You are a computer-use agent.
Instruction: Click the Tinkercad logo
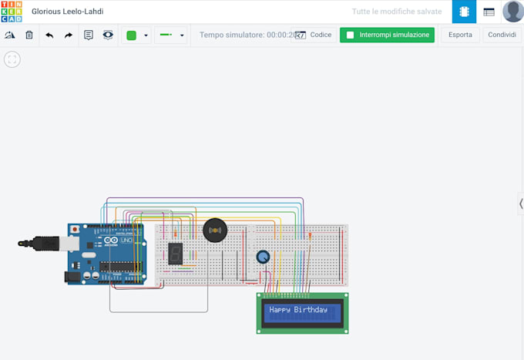click(12, 12)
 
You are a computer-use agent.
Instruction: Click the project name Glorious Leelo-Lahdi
click(67, 12)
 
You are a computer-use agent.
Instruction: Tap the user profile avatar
click(512, 12)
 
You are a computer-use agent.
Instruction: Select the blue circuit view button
click(464, 12)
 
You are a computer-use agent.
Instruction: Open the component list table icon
click(489, 12)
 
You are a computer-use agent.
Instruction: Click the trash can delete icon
click(29, 35)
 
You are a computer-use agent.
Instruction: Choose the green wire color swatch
click(131, 35)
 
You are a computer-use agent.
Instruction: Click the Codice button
click(314, 35)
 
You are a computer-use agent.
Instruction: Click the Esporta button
click(460, 35)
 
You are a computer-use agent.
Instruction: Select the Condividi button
click(502, 35)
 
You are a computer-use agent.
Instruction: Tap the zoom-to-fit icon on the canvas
click(12, 59)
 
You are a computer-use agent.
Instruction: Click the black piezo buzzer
click(215, 230)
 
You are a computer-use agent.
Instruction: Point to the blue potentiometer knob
click(263, 257)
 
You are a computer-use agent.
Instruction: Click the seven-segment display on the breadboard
click(176, 253)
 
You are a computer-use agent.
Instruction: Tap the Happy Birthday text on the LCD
click(298, 310)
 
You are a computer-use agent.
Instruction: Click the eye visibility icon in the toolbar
click(108, 35)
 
